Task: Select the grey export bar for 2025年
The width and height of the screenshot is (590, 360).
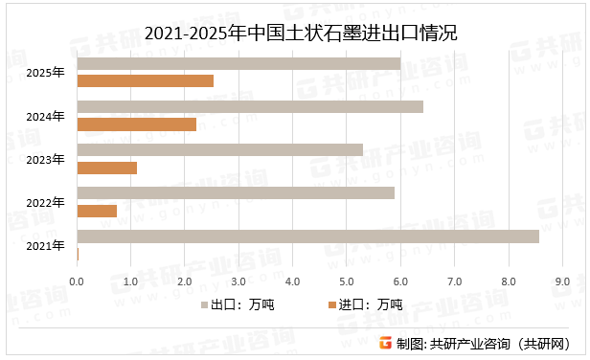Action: (x=238, y=63)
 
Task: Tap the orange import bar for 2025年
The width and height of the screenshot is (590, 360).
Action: (x=145, y=81)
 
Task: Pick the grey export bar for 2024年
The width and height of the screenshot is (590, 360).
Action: (x=249, y=106)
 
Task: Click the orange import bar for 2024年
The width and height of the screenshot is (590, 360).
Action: (x=136, y=124)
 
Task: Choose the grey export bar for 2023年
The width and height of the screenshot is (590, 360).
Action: (x=219, y=149)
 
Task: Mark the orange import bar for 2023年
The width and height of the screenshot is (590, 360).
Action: (x=106, y=168)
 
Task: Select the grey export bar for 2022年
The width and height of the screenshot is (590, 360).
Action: (x=235, y=192)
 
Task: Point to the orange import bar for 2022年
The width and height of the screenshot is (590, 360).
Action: (x=97, y=211)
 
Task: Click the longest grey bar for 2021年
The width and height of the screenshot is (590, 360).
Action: (x=307, y=236)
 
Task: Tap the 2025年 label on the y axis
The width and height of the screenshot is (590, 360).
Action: (x=46, y=73)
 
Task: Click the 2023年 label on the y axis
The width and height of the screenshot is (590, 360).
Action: (x=46, y=159)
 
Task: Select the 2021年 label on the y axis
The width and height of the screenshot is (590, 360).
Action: (x=46, y=245)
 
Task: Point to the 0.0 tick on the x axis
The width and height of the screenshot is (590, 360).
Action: (x=77, y=281)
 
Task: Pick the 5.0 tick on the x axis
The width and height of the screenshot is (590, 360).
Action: (x=347, y=281)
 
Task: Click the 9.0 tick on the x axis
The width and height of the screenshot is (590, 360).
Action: (x=562, y=281)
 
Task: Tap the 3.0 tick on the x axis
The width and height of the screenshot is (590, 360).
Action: (x=238, y=281)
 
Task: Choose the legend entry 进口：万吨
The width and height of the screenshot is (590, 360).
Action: (x=365, y=305)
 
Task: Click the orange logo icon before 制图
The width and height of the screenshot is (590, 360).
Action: (x=385, y=343)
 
